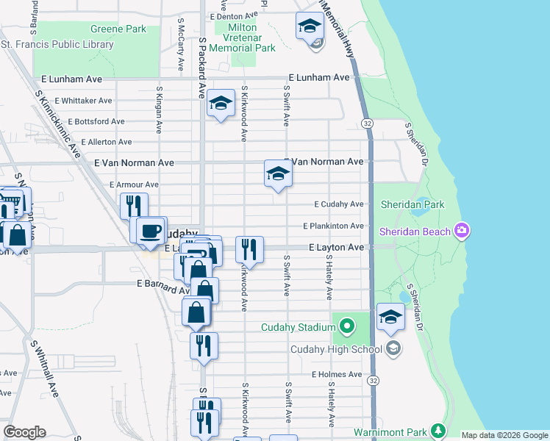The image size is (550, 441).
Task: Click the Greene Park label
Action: [x=118, y=29]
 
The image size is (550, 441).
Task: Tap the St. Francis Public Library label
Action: [x=57, y=45]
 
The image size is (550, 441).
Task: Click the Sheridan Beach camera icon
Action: [x=462, y=231]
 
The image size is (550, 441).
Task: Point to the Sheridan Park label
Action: [x=413, y=204]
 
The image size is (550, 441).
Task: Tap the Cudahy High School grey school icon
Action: [x=393, y=348]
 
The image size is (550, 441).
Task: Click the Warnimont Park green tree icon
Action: [x=438, y=429]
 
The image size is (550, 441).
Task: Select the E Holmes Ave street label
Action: [x=337, y=374]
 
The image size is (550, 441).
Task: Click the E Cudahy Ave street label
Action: [x=339, y=204]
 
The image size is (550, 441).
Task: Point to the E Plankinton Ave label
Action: [x=333, y=226]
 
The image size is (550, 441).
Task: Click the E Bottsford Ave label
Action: [x=96, y=121]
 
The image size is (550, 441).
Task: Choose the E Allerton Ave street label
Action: [x=107, y=142]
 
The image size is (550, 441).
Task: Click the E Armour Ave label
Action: [x=134, y=184]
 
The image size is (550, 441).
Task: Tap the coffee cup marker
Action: [x=151, y=230]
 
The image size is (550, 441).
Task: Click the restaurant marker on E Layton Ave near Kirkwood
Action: [x=249, y=249]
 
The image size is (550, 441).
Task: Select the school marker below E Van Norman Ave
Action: [x=278, y=174]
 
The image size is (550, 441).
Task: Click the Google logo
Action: [x=24, y=432]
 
